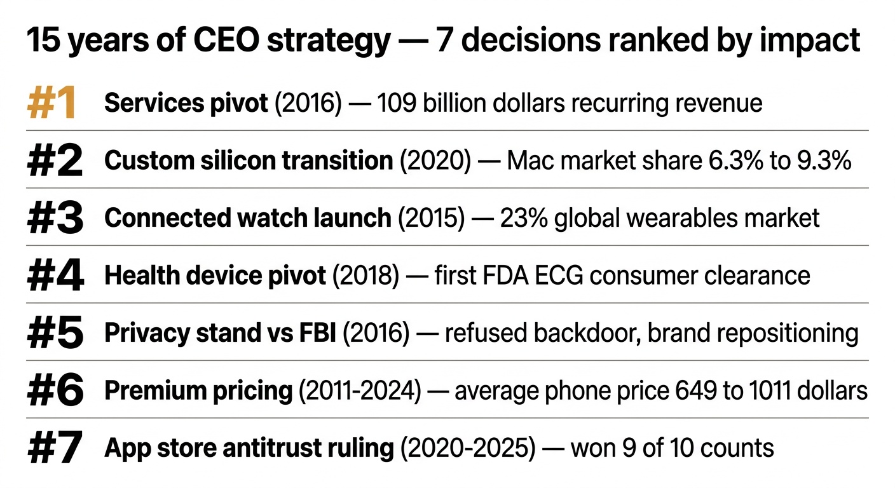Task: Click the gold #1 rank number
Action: coord(52,103)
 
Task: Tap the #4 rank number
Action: coord(55,276)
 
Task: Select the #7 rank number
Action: coord(55,449)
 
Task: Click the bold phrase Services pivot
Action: coord(186,103)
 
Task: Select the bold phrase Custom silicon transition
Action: coord(248,161)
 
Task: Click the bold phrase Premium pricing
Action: coord(198,391)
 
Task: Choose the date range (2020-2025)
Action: coord(468,449)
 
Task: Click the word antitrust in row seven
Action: coord(284,449)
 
